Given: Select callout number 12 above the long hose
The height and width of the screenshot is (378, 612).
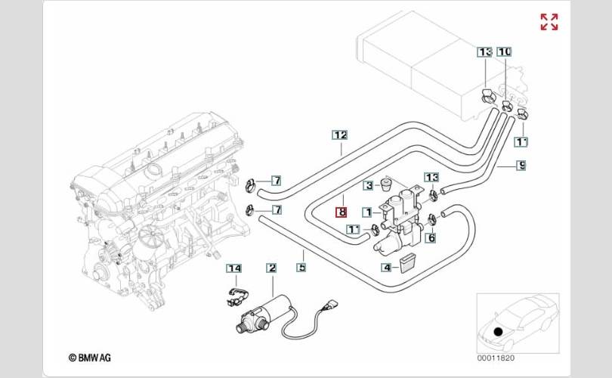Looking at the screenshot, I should pyautogui.click(x=340, y=135).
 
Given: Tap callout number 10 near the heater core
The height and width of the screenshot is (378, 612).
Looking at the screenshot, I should pyautogui.click(x=505, y=51).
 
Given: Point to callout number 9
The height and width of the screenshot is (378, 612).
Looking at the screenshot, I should pyautogui.click(x=521, y=165).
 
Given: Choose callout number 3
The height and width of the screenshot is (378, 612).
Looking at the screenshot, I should pyautogui.click(x=369, y=185).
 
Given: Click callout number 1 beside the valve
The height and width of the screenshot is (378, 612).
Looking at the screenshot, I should pyautogui.click(x=366, y=212).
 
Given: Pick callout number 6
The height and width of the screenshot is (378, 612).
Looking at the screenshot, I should pyautogui.click(x=431, y=238).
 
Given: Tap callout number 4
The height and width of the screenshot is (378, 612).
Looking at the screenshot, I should pyautogui.click(x=386, y=267).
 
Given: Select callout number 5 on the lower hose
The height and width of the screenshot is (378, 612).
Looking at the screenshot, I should pyautogui.click(x=301, y=266).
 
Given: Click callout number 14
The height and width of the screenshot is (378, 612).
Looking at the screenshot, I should pyautogui.click(x=235, y=268).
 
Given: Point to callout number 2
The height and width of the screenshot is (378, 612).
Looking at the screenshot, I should pyautogui.click(x=271, y=268).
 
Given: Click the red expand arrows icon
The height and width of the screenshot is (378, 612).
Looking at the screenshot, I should pyautogui.click(x=549, y=22).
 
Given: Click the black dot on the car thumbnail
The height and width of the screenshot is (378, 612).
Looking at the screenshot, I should pyautogui.click(x=497, y=330).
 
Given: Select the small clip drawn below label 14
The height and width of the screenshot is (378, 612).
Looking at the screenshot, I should pyautogui.click(x=236, y=294).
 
